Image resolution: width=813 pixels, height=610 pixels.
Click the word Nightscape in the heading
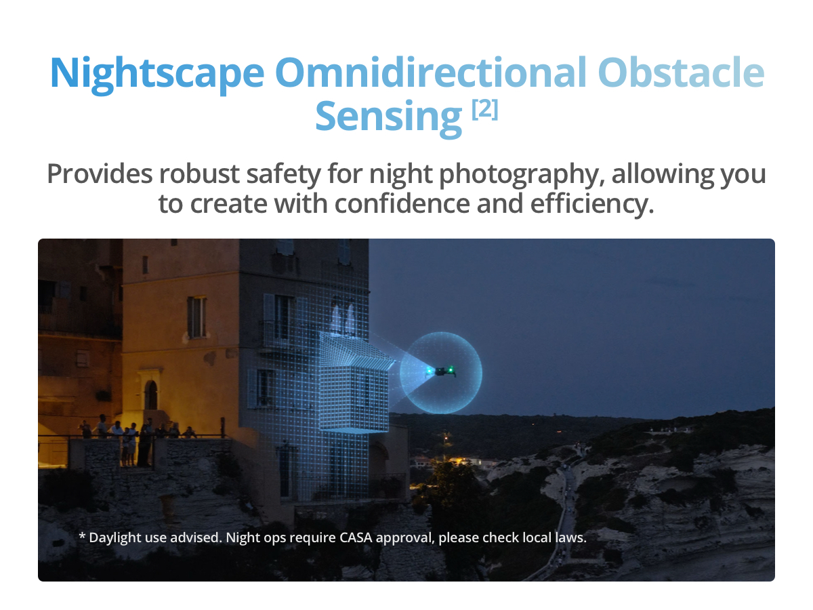pos(157,74)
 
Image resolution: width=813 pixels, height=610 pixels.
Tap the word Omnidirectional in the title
pos(431,73)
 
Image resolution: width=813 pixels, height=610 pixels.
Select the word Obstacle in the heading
pos(681,73)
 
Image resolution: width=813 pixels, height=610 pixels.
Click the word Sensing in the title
pos(389,117)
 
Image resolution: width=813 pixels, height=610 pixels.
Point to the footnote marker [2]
pos(485,109)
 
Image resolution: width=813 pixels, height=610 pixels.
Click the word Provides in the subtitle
pos(100,174)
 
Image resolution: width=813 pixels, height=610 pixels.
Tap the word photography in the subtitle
pos(522,175)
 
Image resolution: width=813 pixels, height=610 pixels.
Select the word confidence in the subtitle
pos(402,204)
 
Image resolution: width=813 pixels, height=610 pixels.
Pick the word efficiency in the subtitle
pos(592,205)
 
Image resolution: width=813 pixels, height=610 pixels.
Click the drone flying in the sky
pos(441,371)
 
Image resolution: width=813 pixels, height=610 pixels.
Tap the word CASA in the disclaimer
pos(356,537)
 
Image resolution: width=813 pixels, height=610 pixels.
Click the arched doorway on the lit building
pos(151,395)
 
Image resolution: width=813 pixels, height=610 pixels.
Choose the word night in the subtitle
pos(401,175)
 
